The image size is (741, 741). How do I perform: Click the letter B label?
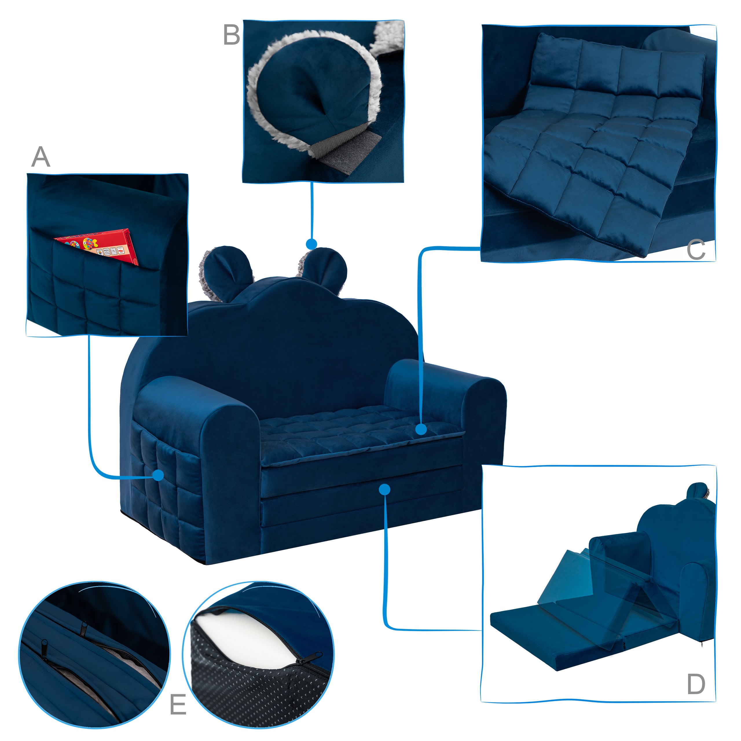point(232,35)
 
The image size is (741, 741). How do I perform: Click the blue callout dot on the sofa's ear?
point(311,244)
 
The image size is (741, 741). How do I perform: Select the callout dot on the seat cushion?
point(421,429)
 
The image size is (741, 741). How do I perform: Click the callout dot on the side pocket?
point(158,476)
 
